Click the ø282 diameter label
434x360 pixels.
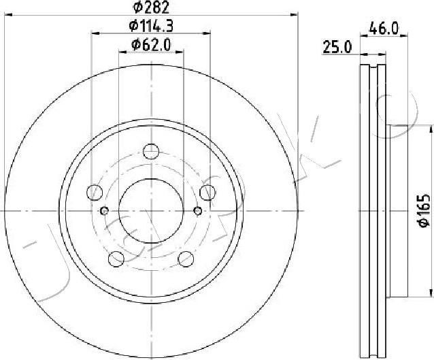click(151, 7)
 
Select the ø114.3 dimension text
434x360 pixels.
click(151, 26)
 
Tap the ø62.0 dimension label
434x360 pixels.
click(151, 45)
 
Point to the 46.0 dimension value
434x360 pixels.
click(384, 29)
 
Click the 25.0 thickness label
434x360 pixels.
click(337, 48)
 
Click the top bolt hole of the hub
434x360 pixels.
click(151, 151)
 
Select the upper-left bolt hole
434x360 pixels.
click(95, 192)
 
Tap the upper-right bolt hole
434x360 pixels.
click(207, 192)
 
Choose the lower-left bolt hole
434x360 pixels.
click(116, 259)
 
